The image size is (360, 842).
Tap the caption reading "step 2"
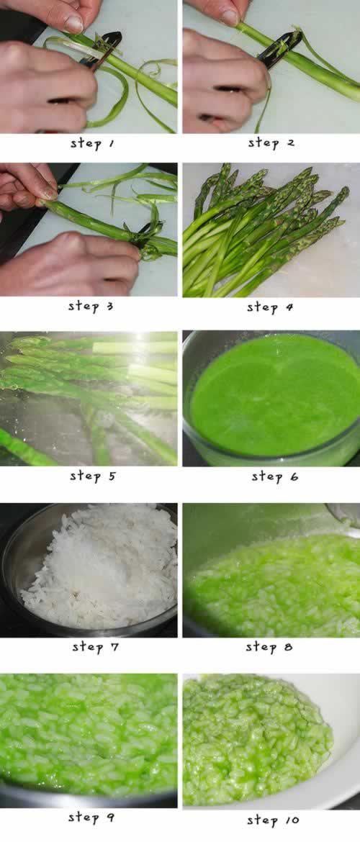coord(271,143)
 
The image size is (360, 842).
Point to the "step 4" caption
coord(270,307)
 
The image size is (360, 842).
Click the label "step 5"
coord(92,476)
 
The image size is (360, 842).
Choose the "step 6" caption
coord(274,476)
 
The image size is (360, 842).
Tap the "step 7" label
coord(95,647)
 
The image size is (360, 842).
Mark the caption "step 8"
coord(269,647)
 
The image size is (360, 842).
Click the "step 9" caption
coord(91,818)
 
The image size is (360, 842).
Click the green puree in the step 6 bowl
coord(275,394)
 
